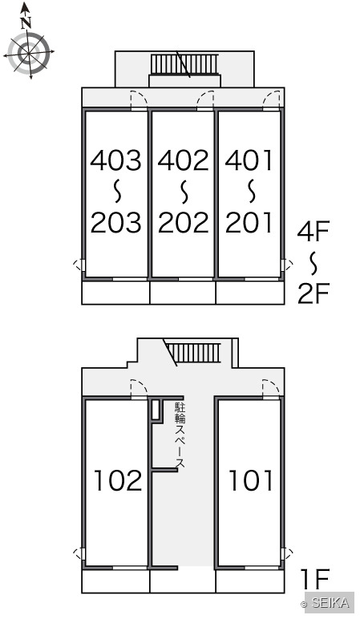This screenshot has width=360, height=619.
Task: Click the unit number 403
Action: pos(115,160)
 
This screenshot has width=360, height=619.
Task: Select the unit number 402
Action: pos(183,160)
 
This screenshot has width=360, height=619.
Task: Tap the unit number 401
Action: pos(249,160)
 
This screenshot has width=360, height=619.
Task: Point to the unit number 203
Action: pos(115,222)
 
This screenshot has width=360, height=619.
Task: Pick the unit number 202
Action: pos(183,222)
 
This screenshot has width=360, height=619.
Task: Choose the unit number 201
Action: pos(249,222)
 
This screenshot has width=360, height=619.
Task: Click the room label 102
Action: pos(118,480)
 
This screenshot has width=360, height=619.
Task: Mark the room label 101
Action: pos(251,480)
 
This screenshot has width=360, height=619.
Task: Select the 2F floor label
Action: pos(313,293)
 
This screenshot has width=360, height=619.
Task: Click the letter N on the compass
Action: pos(26,23)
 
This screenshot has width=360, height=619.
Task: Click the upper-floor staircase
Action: pos(184,64)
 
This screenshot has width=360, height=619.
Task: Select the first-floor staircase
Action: pos(192,353)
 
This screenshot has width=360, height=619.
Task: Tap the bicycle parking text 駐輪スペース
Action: pos(180,436)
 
